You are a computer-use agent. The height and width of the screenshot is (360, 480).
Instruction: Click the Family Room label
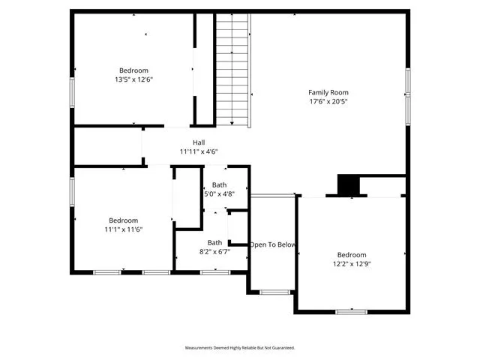[328, 92]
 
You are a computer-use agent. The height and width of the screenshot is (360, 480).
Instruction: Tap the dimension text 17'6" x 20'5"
[328, 102]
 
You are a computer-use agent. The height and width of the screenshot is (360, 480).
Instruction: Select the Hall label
[199, 142]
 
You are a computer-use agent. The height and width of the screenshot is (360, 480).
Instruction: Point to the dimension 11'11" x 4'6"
[199, 151]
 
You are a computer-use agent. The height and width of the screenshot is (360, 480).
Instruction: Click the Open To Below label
[272, 244]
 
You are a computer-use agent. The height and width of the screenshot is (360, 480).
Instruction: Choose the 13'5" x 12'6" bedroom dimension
[133, 79]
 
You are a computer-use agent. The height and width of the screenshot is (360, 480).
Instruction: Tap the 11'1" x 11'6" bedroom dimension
[123, 229]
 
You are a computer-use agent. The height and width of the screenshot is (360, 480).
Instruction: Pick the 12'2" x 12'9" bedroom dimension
[352, 264]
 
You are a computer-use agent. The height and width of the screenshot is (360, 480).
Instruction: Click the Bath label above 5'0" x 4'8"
[219, 185]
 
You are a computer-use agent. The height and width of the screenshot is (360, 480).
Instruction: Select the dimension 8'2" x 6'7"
[214, 252]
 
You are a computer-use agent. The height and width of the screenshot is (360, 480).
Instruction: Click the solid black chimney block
[348, 184]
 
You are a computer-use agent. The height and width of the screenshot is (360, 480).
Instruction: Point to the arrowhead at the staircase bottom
[232, 123]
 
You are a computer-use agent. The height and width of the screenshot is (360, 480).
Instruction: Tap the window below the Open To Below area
[274, 292]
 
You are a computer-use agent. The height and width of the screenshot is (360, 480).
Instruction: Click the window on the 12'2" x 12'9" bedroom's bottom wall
[352, 312]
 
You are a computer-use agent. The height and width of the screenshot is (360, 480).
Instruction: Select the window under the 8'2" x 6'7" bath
[215, 272]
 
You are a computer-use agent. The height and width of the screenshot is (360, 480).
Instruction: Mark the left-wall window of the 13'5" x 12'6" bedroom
[72, 92]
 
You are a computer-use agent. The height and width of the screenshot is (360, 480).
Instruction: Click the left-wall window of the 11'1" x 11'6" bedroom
[72, 192]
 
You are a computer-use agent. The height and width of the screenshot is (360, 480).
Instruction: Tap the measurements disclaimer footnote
[240, 348]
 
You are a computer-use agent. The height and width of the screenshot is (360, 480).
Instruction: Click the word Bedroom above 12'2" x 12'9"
[352, 255]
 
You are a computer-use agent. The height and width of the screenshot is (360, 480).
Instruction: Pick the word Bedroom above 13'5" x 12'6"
[133, 70]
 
